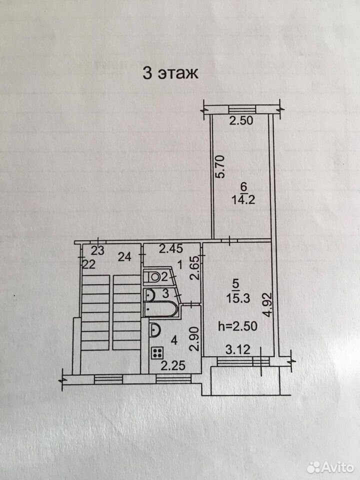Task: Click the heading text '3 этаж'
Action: (170, 73)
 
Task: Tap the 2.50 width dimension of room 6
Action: (241, 120)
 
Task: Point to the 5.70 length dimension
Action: (220, 166)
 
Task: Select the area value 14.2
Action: (243, 200)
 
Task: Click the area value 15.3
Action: (238, 298)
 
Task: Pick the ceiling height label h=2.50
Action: (237, 326)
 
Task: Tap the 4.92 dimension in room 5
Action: (267, 305)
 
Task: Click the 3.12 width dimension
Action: (237, 349)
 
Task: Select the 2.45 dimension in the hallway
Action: (171, 248)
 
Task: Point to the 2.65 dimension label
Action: (194, 268)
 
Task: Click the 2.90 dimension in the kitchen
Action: (194, 338)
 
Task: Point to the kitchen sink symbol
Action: (155, 330)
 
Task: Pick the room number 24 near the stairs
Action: (124, 257)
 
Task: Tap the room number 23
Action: (98, 250)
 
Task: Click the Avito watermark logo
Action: (330, 467)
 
